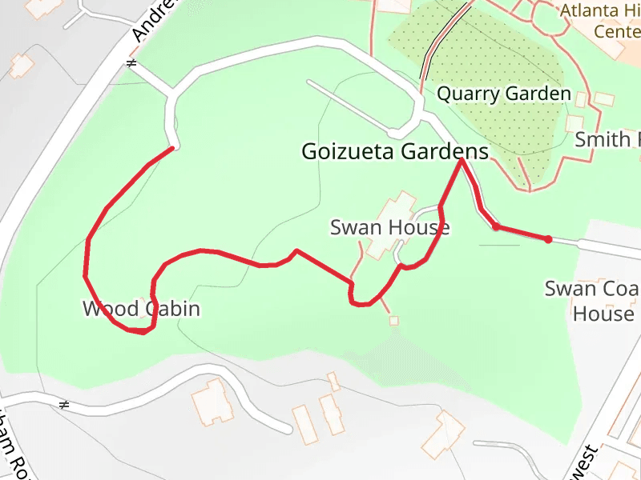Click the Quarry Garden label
click(503, 94)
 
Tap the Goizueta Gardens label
click(394, 151)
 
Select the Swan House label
click(389, 228)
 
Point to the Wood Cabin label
click(141, 309)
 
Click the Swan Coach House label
click(594, 301)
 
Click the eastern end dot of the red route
click(548, 239)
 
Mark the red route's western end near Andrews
click(171, 148)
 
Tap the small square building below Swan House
click(393, 321)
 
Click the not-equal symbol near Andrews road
click(131, 62)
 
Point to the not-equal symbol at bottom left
click(64, 405)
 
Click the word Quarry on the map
click(464, 94)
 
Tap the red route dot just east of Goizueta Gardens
click(496, 227)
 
